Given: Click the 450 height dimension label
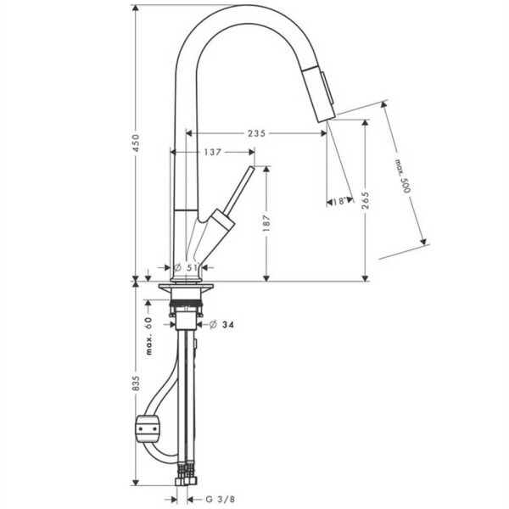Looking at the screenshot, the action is click(x=137, y=143).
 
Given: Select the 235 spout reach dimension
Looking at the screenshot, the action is click(x=256, y=133).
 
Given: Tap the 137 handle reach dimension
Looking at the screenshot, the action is click(x=213, y=152).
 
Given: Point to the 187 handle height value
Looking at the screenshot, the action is click(x=266, y=222).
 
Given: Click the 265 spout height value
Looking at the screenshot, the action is click(x=366, y=200).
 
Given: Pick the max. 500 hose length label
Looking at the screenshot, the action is click(x=403, y=176).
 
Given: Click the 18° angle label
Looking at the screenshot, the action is click(x=338, y=202).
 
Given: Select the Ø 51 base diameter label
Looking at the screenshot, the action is click(x=186, y=268).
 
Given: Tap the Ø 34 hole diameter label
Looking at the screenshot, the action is click(x=221, y=324).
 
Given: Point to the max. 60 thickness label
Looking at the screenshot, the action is click(x=148, y=336).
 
